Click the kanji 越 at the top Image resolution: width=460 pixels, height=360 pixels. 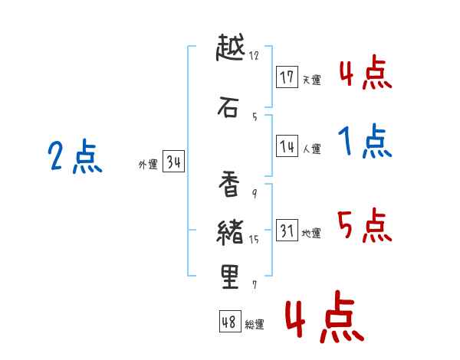pos(229,48)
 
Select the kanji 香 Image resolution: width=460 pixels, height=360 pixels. pos(229,184)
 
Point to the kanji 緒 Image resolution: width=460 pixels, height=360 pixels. pos(229,231)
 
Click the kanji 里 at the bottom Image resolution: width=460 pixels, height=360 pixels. pos(229,277)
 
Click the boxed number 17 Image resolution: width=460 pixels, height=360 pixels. pos(287,77)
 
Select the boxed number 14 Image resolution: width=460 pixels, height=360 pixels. pos(287,147)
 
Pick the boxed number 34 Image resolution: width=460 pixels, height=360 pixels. pos(173,162)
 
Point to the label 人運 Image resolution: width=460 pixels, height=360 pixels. pos(311,149)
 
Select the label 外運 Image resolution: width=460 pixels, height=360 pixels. pos(148,165)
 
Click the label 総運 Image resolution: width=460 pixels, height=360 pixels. pos(255,325)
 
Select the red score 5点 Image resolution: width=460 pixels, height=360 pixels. pos(364,226)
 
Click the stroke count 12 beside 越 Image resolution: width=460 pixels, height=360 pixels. pos(254,55)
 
